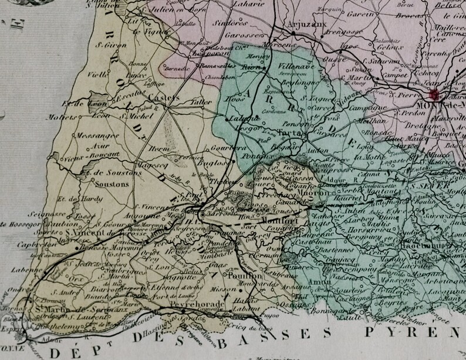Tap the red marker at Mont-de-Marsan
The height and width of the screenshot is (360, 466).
[435, 95]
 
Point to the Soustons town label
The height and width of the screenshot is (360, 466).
[105, 184]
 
